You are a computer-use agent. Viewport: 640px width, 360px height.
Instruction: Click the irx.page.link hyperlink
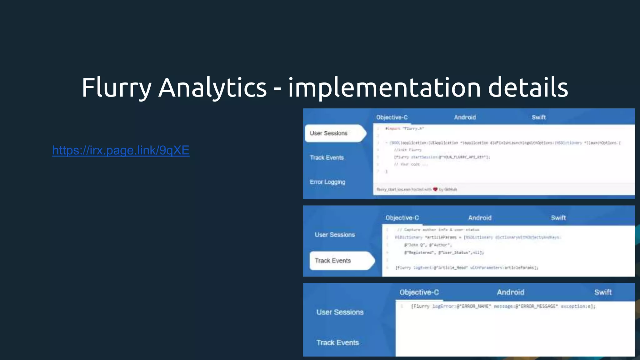pyautogui.click(x=121, y=150)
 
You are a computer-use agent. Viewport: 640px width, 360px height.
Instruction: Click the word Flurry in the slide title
pyautogui.click(x=117, y=88)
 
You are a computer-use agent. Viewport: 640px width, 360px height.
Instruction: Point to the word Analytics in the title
pyautogui.click(x=212, y=88)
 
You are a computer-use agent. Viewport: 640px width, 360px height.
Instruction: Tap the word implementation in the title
pyautogui.click(x=384, y=88)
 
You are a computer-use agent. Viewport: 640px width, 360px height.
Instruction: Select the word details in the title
pyautogui.click(x=528, y=88)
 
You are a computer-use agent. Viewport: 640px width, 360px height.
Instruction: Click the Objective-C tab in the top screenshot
pyautogui.click(x=392, y=117)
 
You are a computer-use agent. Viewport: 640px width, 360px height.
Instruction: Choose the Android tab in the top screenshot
pyautogui.click(x=465, y=117)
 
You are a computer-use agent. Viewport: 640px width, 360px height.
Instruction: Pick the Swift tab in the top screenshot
pyautogui.click(x=539, y=117)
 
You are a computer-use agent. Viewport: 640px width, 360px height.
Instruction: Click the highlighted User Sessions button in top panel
pyautogui.click(x=329, y=133)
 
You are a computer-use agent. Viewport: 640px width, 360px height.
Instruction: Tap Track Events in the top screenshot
pyautogui.click(x=327, y=158)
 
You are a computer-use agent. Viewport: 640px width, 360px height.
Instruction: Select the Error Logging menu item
pyautogui.click(x=327, y=182)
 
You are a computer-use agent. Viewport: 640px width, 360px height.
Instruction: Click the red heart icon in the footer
pyautogui.click(x=435, y=189)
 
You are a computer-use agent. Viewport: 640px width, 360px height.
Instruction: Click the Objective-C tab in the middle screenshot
pyautogui.click(x=402, y=218)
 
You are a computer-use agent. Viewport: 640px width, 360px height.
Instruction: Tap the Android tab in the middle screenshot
pyautogui.click(x=480, y=218)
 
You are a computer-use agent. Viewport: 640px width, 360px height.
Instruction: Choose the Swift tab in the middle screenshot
pyautogui.click(x=558, y=218)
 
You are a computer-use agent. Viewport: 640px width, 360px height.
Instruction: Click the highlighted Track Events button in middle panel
pyautogui.click(x=333, y=261)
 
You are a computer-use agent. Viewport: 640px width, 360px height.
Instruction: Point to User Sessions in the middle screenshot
pyautogui.click(x=335, y=235)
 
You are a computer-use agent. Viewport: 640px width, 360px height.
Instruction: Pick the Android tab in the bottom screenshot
pyautogui.click(x=511, y=292)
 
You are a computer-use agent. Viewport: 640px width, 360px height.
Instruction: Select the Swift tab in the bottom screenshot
pyautogui.click(x=603, y=292)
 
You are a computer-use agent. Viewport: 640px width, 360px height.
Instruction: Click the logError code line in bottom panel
pyautogui.click(x=503, y=306)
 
